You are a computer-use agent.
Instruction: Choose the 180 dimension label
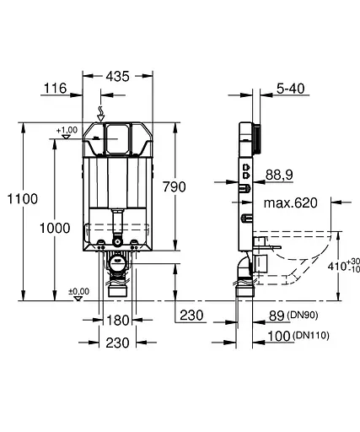point(118,319)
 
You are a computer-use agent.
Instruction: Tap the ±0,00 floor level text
point(78,291)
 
